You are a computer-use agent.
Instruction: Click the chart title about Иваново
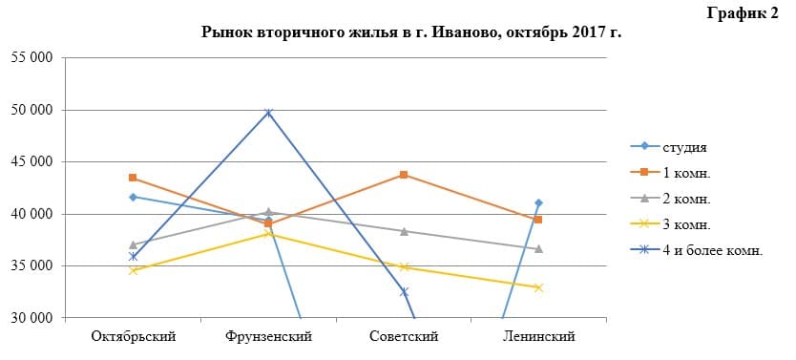[411, 32]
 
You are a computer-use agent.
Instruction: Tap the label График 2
[743, 11]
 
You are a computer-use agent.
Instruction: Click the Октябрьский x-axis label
[133, 336]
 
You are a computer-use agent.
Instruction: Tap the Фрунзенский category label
[268, 336]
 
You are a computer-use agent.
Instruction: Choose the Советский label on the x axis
[404, 336]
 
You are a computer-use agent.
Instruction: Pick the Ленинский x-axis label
[539, 336]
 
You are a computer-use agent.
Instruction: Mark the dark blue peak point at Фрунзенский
[268, 113]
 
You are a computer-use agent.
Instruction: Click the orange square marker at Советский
[404, 175]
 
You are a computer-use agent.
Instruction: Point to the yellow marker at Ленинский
[539, 287]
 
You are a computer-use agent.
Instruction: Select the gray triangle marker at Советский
[404, 231]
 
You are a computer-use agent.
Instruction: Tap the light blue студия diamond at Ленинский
[539, 202]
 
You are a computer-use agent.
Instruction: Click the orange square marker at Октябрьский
[133, 178]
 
